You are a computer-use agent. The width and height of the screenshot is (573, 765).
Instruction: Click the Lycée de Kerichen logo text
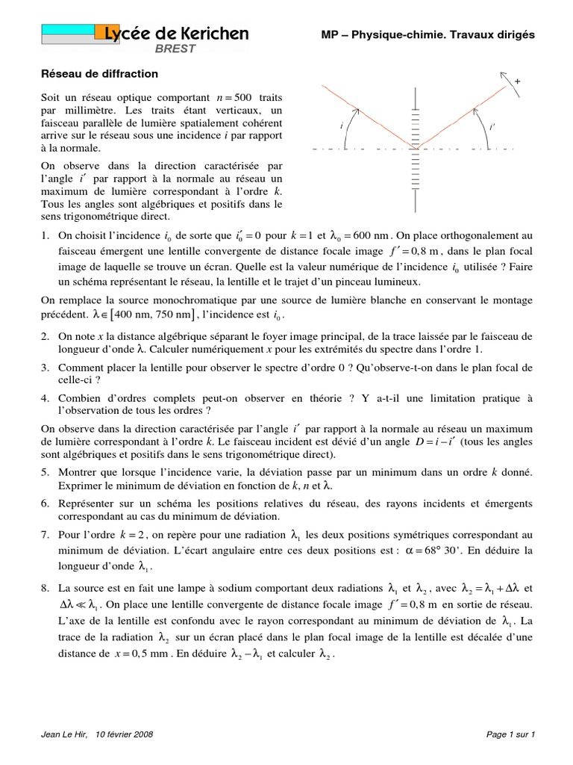176,34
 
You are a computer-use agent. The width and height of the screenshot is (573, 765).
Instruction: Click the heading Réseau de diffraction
98,74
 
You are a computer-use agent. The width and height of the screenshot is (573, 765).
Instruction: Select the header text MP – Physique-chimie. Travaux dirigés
428,34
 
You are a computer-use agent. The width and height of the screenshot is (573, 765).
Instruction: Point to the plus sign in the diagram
517,79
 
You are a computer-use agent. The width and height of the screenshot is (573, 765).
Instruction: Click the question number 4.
45,398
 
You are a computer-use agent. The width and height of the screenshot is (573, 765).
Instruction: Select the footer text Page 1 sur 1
510,734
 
